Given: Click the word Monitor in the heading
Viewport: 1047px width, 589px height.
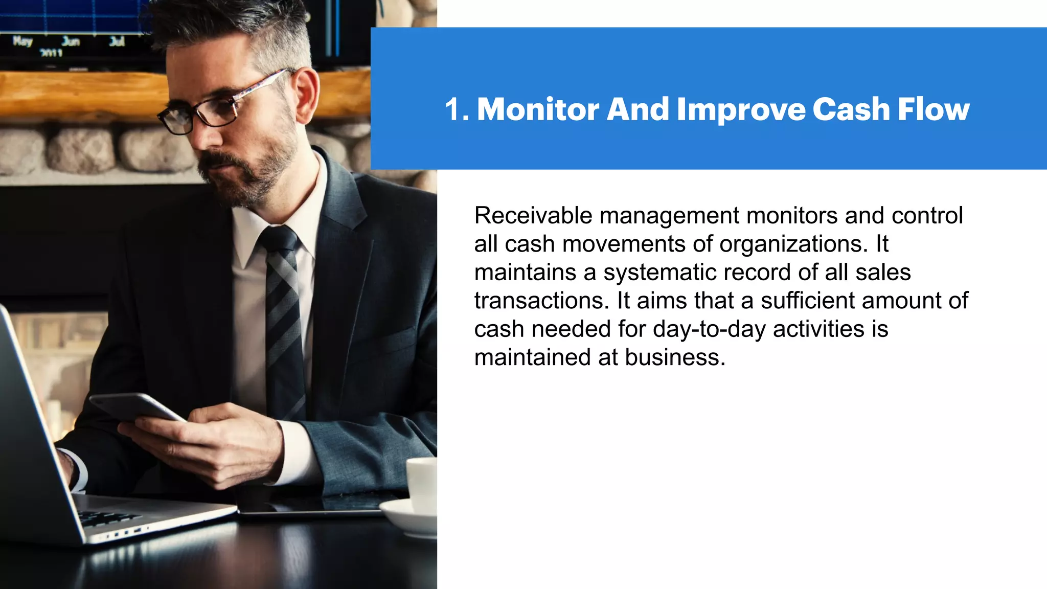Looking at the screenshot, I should pos(538,109).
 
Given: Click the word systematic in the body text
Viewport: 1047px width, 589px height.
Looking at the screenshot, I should pos(660,273).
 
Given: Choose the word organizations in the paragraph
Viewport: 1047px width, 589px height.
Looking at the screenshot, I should pos(793,244).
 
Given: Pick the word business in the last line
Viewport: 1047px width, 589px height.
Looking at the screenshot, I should pos(675,357).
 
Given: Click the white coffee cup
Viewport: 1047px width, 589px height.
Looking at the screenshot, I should pos(422,483).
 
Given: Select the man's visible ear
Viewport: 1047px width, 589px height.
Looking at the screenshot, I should pos(307,92).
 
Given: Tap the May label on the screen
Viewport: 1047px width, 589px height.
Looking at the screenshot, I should pos(23,41).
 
